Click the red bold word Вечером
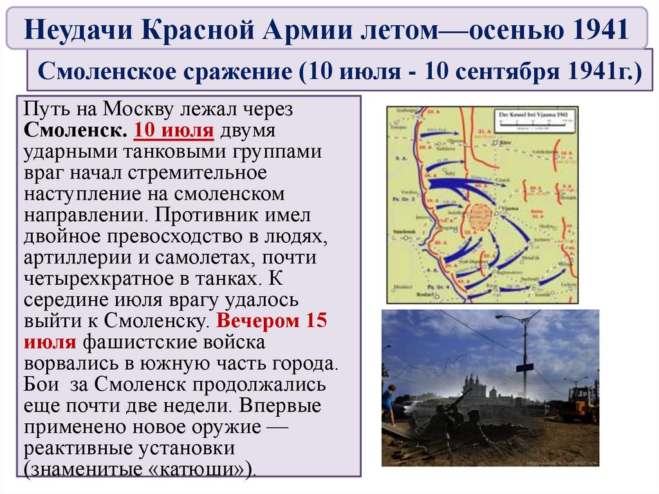pos(257,321)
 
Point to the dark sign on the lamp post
pos(524,367)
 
